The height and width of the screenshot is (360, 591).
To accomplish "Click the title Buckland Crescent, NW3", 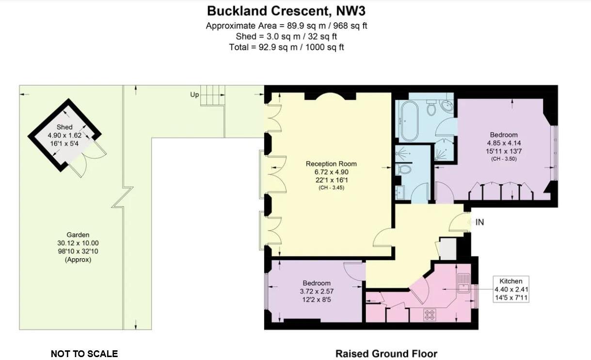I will pos(286,11).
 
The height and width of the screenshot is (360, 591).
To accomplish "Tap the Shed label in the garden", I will pos(64,127).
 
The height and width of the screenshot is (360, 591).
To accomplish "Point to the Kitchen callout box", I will pos(511,289).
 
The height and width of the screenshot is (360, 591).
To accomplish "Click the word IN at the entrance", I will pos(479,222).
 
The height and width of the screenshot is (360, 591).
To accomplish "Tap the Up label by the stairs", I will pos(194,95).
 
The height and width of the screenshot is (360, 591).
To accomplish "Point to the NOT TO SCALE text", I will pos(84,354).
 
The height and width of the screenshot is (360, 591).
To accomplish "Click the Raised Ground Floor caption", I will pos(386,354).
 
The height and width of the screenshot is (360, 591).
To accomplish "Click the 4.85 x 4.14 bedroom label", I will pos(503,143).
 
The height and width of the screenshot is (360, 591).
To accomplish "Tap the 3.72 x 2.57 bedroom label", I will pos(317,291).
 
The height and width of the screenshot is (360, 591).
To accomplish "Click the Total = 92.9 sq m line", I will pos(286,47).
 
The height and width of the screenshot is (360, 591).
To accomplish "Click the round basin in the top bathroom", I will pos(448,106).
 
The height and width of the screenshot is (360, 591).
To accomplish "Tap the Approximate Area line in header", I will pos(286,26).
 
